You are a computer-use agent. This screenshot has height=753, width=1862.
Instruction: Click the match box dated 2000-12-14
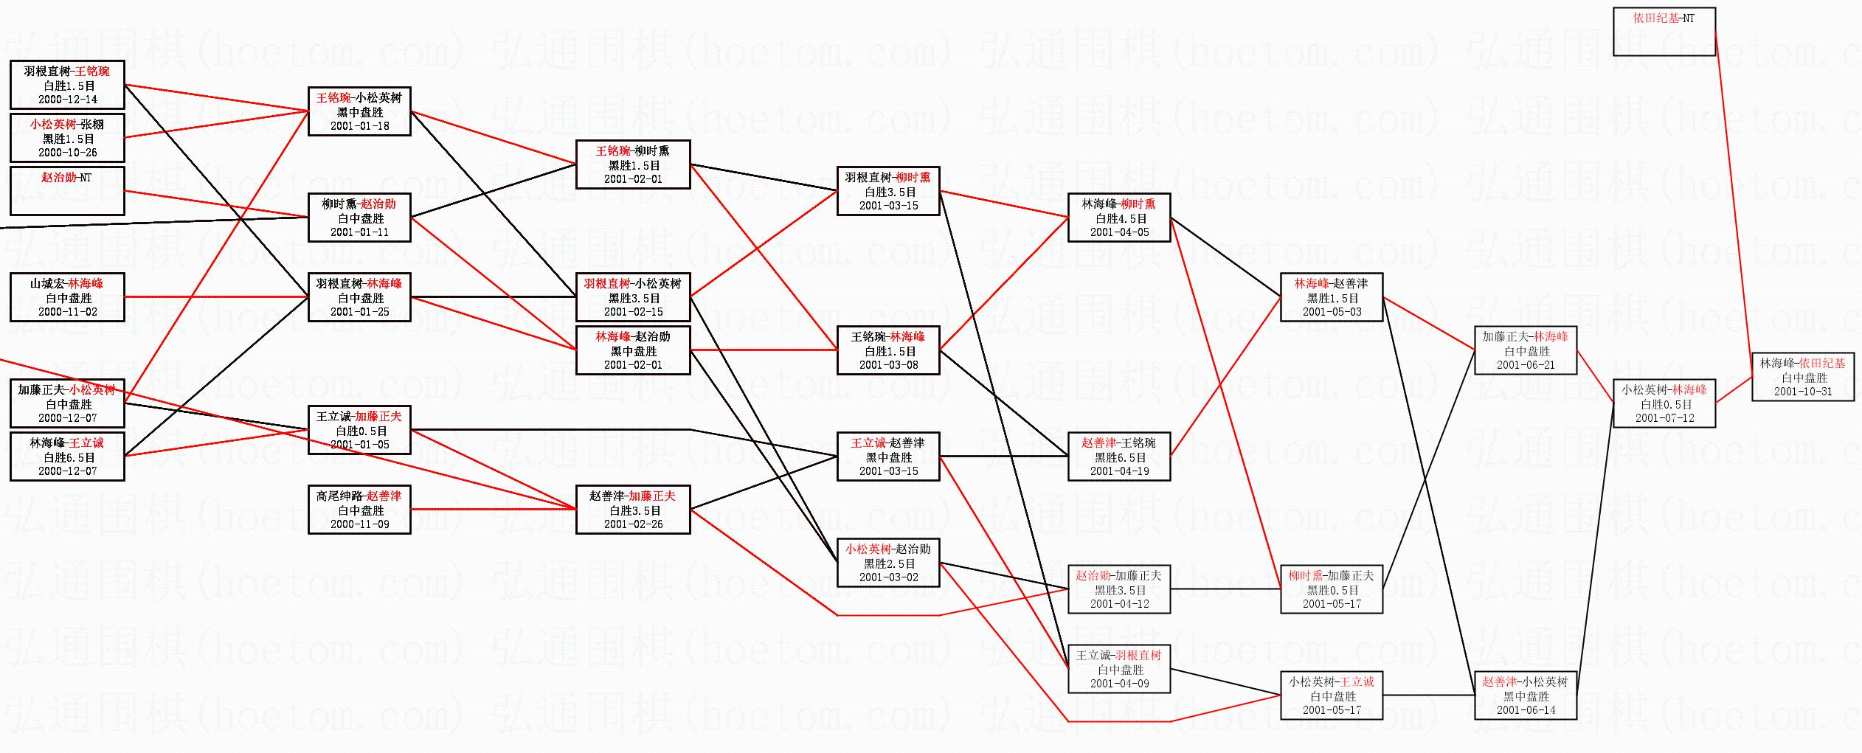pos(67,85)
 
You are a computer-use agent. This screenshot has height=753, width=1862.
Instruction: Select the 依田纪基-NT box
pos(1664,32)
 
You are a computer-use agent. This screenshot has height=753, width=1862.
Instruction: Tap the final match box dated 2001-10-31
pos(1802,377)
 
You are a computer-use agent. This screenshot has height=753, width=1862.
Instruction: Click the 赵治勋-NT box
pos(67,191)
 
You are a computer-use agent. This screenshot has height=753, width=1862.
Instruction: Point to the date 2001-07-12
pos(1664,418)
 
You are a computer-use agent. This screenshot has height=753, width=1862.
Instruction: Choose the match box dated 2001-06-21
pos(1525,350)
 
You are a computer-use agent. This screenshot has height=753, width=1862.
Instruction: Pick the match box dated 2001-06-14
pos(1525,695)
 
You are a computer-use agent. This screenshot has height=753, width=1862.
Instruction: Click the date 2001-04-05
pos(1119,232)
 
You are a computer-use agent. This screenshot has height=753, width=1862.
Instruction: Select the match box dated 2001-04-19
pos(1118,457)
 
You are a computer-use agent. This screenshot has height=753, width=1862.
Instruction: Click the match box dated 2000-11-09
pos(359,510)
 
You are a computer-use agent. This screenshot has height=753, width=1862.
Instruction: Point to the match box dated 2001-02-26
pos(633,510)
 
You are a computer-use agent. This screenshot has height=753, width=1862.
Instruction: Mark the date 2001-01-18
pos(360,126)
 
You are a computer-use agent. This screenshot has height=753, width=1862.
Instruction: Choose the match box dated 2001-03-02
pos(888,563)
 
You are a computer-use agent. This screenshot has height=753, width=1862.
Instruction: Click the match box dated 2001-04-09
pos(1118,669)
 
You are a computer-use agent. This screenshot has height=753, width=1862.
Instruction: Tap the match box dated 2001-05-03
pos(1332,297)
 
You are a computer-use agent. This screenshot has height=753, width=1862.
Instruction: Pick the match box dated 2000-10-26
pos(67,138)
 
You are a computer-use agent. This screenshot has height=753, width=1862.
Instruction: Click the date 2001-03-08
pos(889,365)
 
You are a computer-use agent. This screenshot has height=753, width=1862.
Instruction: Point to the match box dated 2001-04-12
pos(1118,589)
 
